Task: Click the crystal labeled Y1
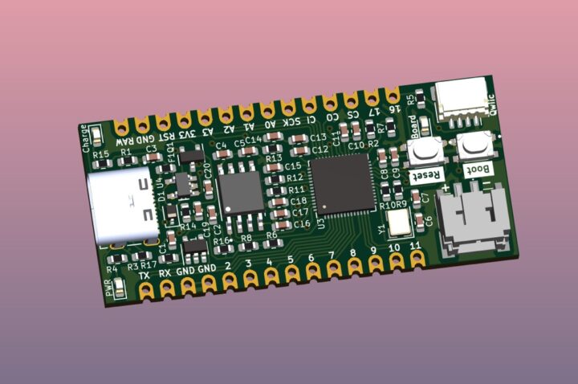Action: point(399,223)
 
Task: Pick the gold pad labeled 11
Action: point(417,258)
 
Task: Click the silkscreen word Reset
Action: point(425,174)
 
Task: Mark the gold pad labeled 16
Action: point(393,95)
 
